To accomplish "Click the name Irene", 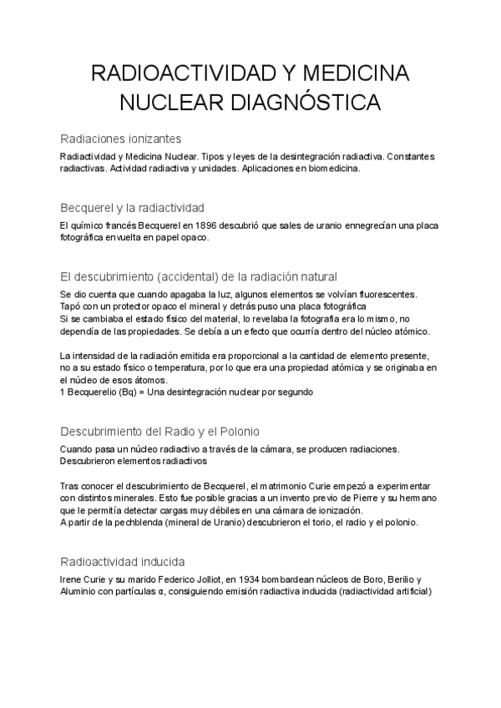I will (72, 579).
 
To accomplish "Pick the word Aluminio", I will (82, 591).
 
